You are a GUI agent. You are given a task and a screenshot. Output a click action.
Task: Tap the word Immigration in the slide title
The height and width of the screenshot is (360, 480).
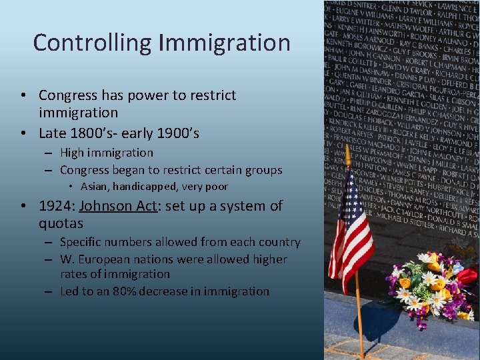(x=225, y=43)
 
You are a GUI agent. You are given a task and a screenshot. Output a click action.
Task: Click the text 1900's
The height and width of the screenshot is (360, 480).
(x=177, y=133)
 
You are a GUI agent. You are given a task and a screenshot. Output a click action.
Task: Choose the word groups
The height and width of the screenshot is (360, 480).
(x=264, y=170)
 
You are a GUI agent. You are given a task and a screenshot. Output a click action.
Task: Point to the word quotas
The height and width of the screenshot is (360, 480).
(x=61, y=223)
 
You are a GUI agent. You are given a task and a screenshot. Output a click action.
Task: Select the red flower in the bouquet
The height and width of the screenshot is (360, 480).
(x=467, y=275)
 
